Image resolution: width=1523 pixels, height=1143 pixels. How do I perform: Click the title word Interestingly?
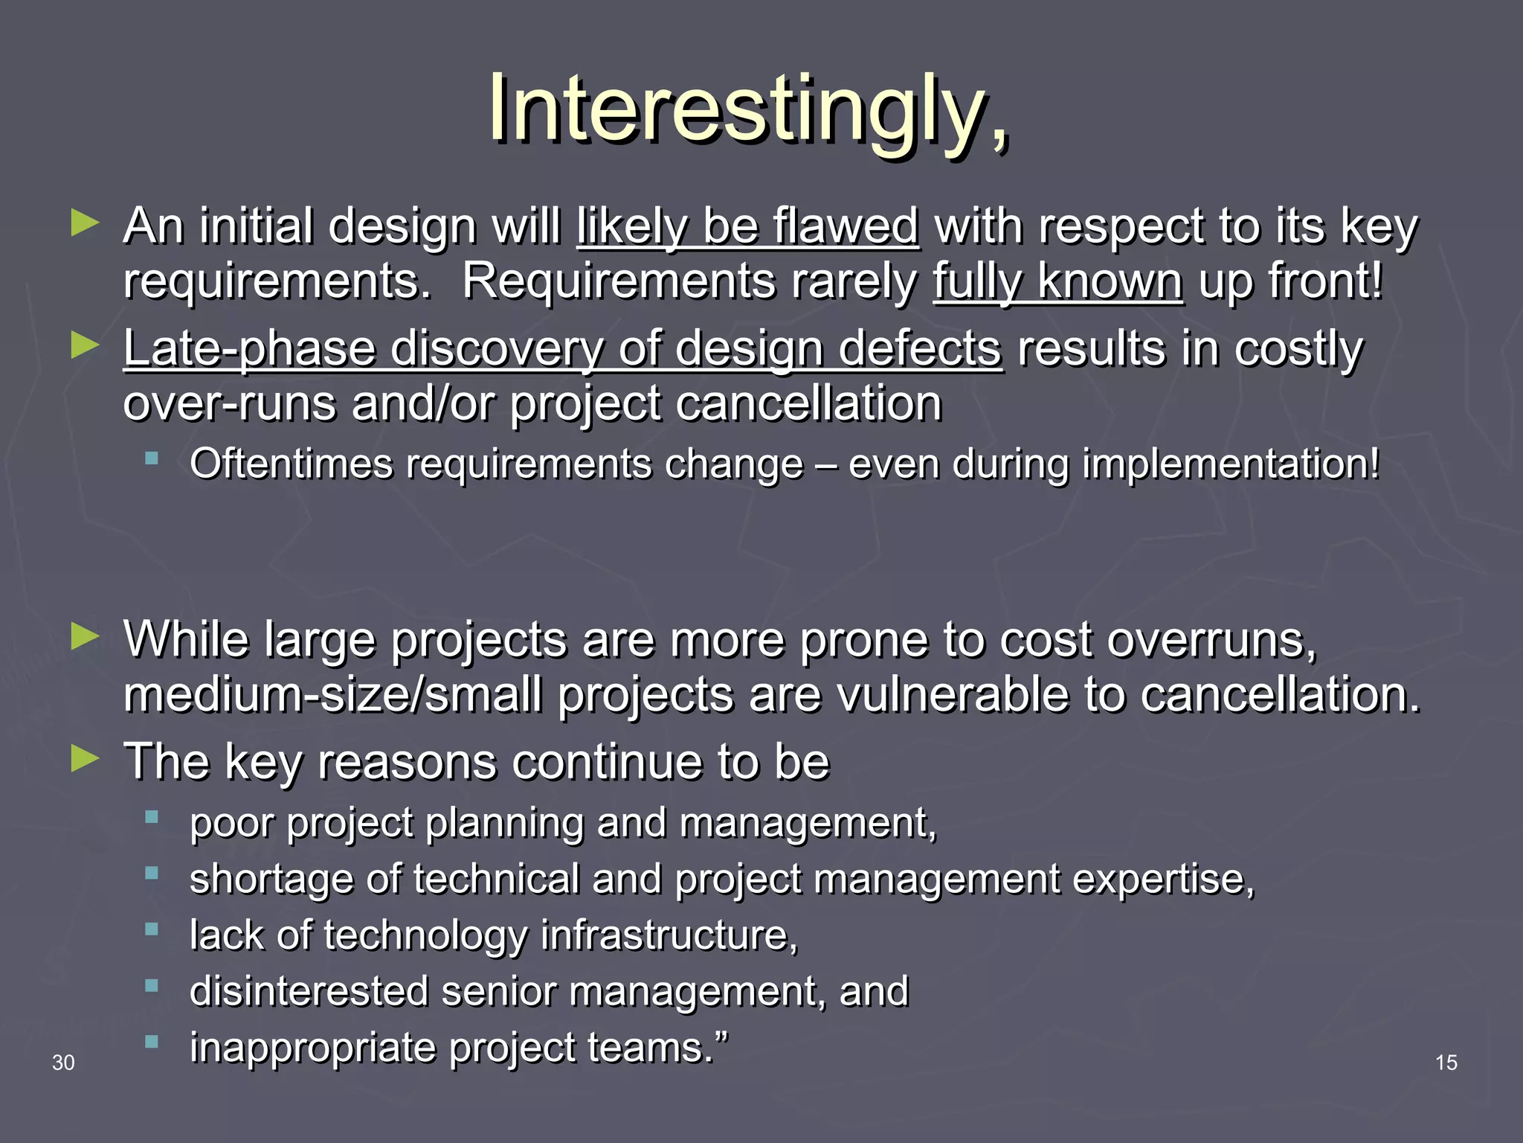748,110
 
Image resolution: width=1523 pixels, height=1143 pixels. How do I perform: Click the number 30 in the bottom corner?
63,1063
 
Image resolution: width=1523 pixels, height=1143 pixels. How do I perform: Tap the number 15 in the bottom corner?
1446,1063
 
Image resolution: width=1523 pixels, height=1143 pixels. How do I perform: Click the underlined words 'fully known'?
1057,281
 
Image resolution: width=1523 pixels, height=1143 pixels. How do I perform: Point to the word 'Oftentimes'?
291,464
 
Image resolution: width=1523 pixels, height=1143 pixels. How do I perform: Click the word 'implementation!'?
1231,464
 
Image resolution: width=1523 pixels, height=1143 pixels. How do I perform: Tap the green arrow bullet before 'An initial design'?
85,223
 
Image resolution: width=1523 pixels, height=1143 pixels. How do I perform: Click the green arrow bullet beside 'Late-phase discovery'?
85,346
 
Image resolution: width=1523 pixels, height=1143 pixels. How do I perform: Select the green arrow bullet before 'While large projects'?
85,637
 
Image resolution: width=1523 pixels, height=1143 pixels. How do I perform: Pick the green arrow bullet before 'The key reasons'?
85,759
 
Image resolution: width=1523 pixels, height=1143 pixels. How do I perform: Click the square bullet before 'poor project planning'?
152,817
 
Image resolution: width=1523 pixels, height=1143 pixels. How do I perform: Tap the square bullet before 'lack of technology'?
152,929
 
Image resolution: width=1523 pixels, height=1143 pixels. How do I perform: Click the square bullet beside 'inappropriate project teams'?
152,1042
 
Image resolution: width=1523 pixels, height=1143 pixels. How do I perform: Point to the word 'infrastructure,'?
669,935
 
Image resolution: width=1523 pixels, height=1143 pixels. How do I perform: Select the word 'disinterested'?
309,991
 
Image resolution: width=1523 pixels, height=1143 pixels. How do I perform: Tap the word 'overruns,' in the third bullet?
1212,639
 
